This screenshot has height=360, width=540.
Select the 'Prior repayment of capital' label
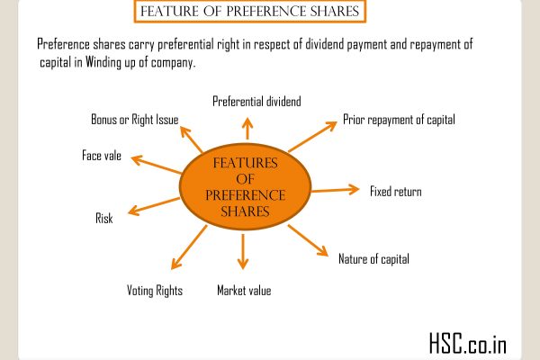pyautogui.click(x=400, y=119)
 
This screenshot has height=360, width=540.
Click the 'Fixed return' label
pyautogui.click(x=395, y=191)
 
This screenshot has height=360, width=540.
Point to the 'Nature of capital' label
pyautogui.click(x=373, y=259)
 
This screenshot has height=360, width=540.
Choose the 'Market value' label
pyautogui.click(x=243, y=291)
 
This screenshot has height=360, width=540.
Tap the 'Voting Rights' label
pyautogui.click(x=153, y=291)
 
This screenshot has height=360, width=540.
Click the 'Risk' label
pyautogui.click(x=104, y=219)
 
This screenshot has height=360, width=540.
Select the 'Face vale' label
pyautogui.click(x=102, y=156)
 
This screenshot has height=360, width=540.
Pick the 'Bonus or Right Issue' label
pyautogui.click(x=134, y=119)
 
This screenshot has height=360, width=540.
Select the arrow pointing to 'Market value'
pyautogui.click(x=241, y=253)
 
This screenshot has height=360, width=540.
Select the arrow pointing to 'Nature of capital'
pyautogui.click(x=307, y=239)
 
